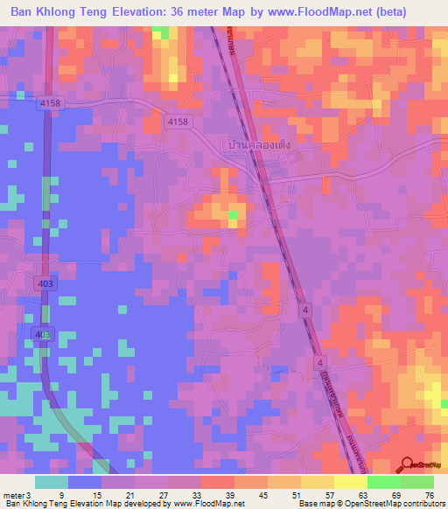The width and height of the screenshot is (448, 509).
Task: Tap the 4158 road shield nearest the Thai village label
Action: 178,122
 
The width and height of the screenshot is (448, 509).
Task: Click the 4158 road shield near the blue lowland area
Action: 51,103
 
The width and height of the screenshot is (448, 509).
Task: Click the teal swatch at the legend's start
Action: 52,482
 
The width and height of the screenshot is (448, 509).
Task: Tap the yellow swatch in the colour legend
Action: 351,482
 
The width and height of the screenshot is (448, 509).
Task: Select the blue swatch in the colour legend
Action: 85,482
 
